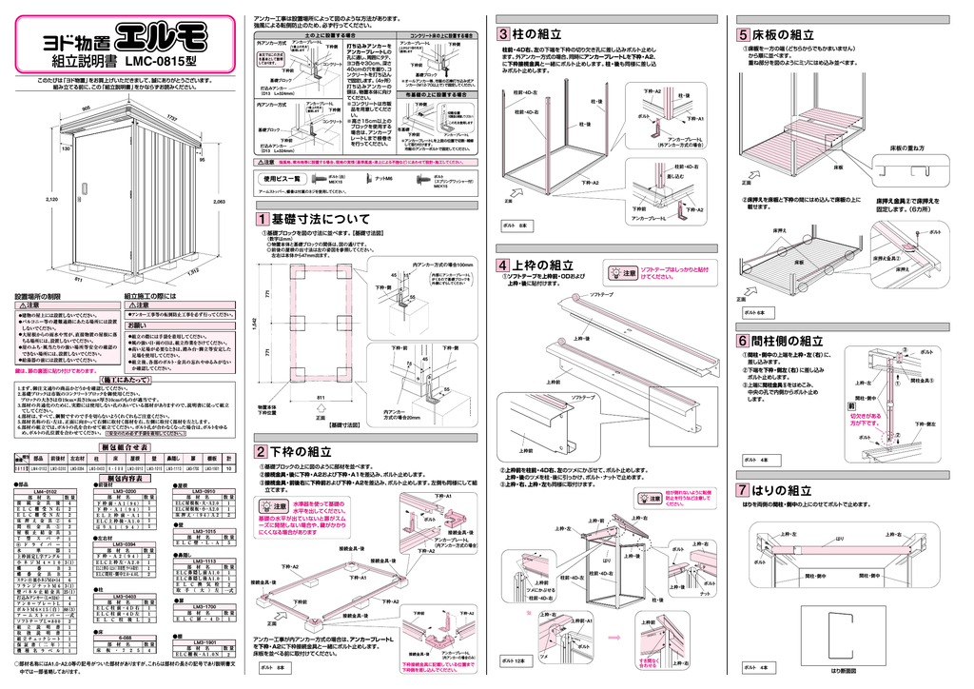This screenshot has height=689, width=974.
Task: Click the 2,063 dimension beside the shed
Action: click(x=220, y=203)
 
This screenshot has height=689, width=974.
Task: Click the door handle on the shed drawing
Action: click(x=85, y=187)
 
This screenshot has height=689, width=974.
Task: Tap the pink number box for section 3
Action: click(x=503, y=35)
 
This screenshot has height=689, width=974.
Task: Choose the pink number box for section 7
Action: click(x=743, y=490)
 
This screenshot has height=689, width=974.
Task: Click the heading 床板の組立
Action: click(x=782, y=35)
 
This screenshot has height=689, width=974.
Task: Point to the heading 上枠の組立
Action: click(x=542, y=265)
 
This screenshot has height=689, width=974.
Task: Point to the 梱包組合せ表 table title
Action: click(x=126, y=446)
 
